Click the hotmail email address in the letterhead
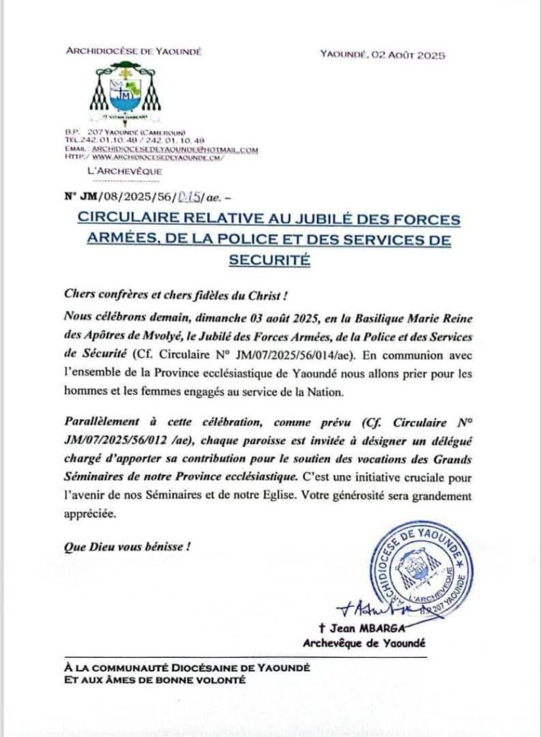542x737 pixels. [175, 149]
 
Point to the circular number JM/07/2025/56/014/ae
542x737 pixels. [290, 354]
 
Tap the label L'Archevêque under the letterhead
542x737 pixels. [124, 171]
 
